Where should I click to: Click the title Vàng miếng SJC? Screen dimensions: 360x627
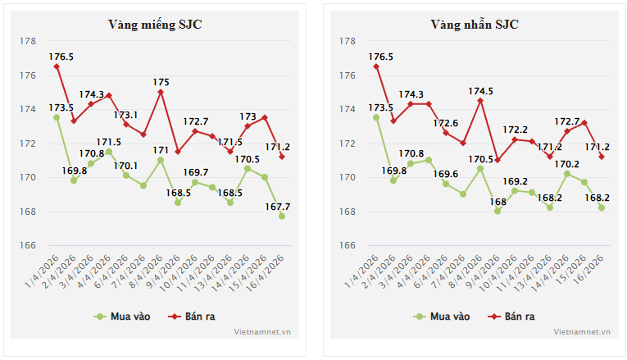155,24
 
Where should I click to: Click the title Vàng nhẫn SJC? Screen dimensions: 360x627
475,24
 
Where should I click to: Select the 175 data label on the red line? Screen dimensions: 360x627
161,82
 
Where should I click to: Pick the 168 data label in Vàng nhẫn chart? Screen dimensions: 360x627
497,202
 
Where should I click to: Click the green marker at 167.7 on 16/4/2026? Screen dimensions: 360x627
282,216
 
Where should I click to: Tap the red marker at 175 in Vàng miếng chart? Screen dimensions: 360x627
161,92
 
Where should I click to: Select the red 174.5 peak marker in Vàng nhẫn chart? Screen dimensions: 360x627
479,101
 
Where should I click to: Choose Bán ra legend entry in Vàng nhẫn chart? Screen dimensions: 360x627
511,316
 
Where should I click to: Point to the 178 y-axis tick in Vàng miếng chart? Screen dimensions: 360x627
29,41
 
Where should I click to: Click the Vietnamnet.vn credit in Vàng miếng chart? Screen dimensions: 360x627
262,332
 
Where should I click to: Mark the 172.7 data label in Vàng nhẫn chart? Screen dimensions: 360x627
567,121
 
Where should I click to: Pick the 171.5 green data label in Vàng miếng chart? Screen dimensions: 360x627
108,142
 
